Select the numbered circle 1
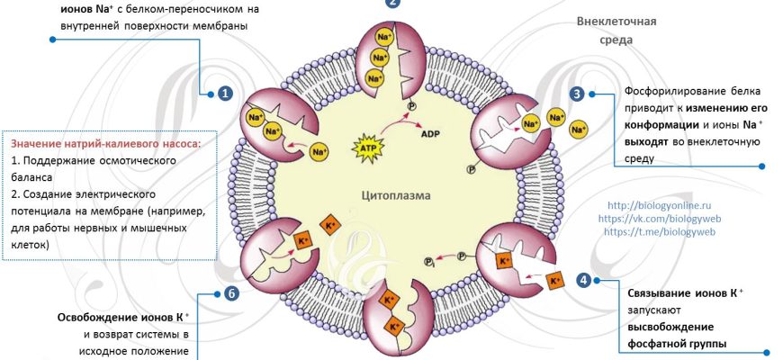coord(224,93)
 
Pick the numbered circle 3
coord(577,93)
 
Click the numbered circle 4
coord(583,280)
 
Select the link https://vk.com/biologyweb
coord(660,218)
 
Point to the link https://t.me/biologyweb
coord(659,231)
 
